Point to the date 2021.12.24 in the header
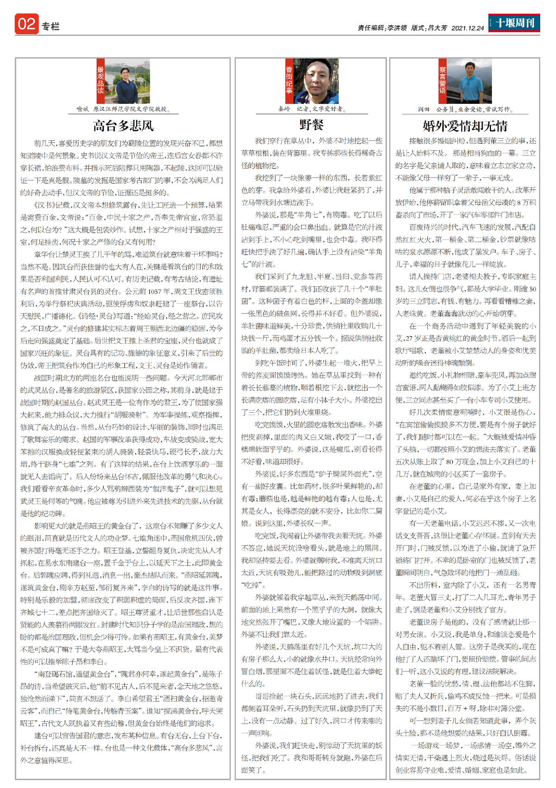point(468,28)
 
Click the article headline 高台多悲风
point(123,126)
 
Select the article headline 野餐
point(311,124)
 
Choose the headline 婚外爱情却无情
point(465,126)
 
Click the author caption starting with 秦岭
point(310,109)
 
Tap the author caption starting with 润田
point(464,109)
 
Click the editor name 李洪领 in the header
point(397,28)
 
